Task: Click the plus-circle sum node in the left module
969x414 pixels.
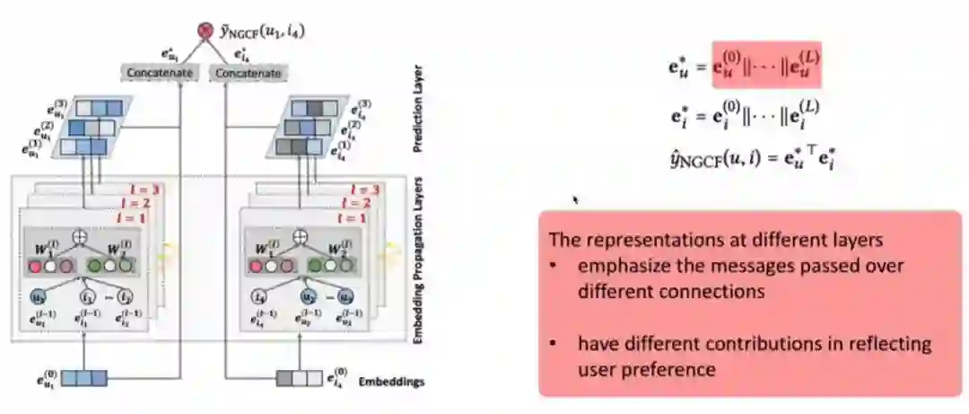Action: tap(88, 239)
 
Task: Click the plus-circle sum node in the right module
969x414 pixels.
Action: tap(302, 238)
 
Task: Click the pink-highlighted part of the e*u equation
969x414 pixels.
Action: tap(767, 66)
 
